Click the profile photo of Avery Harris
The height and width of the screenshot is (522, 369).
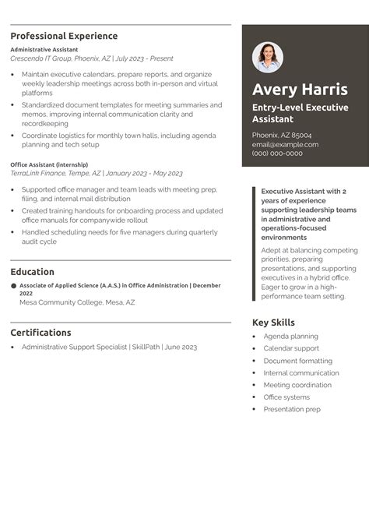pos(268,58)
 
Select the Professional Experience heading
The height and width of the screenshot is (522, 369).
pos(64,36)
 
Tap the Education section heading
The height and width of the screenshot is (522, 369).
pos(32,272)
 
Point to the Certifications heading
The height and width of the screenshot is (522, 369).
pos(40,333)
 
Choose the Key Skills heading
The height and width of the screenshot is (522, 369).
pos(273,323)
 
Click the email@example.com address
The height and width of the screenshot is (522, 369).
pos(285,144)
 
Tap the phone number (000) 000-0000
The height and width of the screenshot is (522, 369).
pos(277,153)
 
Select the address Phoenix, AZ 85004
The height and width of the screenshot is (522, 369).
pos(281,135)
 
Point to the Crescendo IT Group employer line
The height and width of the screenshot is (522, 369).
pos(92,58)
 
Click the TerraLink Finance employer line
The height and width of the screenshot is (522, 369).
pos(97,173)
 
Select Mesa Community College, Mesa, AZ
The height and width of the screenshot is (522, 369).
pos(77,302)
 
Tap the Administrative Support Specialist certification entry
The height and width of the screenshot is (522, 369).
pos(109,347)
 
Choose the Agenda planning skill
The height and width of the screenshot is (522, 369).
pos(290,337)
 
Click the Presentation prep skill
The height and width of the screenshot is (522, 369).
pos(292,409)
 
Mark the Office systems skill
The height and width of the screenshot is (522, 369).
pos(286,397)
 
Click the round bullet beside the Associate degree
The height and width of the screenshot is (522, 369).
pos(13,287)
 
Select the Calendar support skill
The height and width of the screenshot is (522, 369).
pos(291,348)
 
